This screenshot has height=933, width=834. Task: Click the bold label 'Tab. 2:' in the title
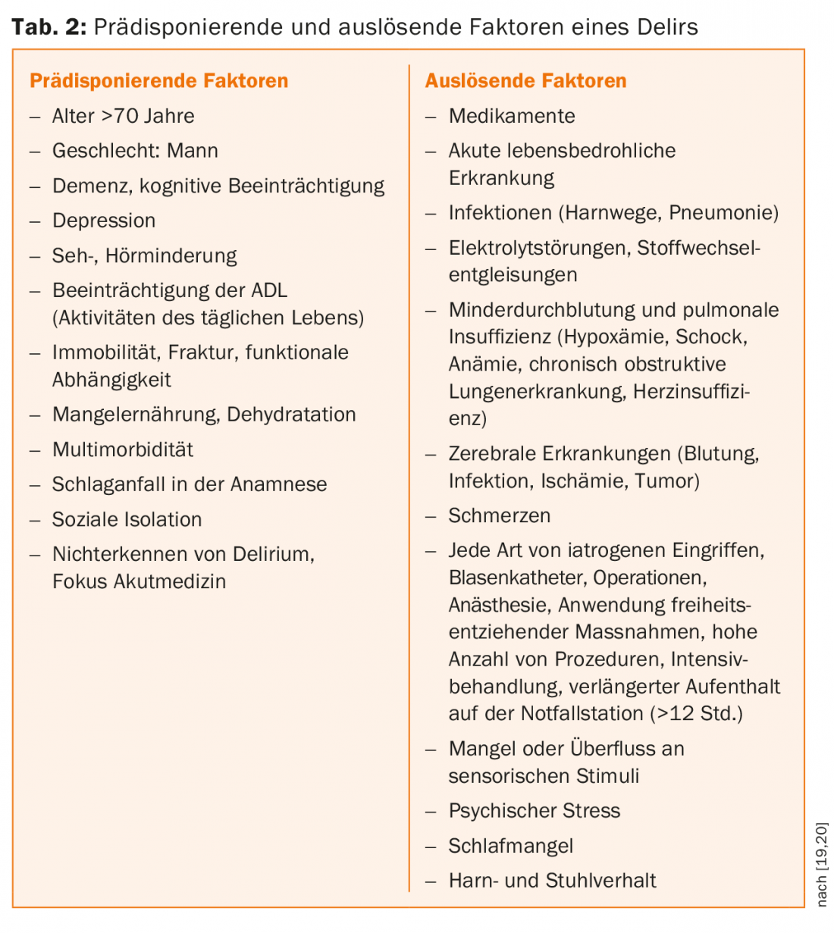49,27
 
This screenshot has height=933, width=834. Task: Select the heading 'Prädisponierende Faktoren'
159,81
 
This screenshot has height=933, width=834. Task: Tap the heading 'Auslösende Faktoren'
525,81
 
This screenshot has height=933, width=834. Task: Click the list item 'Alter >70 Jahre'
123,116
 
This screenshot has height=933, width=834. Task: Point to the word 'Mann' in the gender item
193,151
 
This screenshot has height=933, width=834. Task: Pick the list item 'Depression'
104,221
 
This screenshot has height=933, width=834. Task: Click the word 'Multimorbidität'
123,449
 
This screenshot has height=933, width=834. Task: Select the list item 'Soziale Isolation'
127,519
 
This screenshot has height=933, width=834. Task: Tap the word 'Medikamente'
512,116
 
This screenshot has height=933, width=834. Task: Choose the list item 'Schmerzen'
500,516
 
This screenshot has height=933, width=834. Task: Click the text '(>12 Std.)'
697,714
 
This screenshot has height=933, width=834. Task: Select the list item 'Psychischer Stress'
535,811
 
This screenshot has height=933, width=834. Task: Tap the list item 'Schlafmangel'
511,846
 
